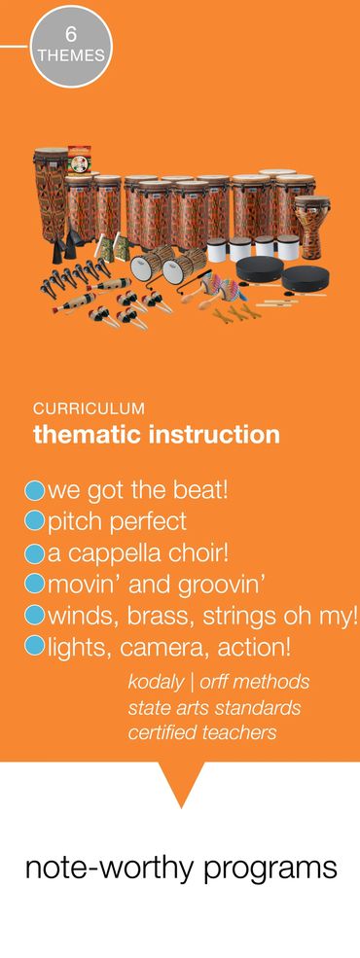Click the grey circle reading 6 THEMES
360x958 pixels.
(71, 48)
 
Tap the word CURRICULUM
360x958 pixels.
(90, 408)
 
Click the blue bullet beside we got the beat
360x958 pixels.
(34, 490)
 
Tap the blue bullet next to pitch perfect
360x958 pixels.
(34, 521)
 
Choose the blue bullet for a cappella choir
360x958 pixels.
(34, 553)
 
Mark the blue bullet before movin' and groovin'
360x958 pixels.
(34, 585)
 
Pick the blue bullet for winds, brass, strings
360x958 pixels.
(34, 617)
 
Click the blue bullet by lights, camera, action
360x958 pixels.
(34, 648)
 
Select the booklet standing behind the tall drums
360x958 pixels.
(79, 160)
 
